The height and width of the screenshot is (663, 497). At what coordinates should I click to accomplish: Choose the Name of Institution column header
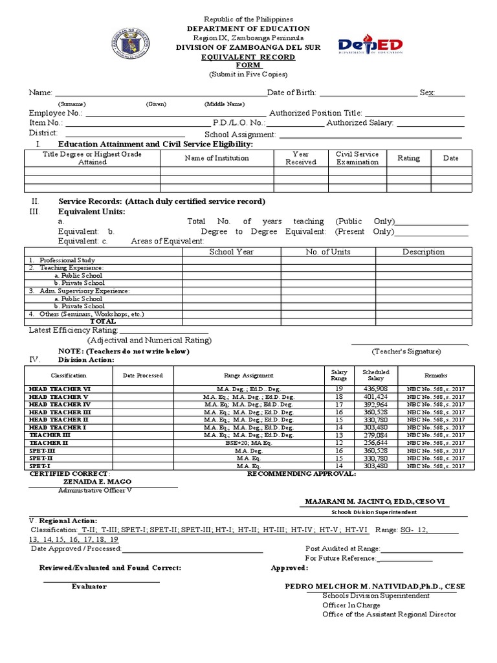(217, 158)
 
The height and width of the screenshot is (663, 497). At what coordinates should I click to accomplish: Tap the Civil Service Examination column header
(357, 158)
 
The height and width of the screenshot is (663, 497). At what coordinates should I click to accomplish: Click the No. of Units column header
(328, 252)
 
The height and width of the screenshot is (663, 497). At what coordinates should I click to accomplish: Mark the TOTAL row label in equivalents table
(103, 321)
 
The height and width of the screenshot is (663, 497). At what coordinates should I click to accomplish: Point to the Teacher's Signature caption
(406, 351)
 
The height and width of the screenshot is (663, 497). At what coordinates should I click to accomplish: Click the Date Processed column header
(143, 376)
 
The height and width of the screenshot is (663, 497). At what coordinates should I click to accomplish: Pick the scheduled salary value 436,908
(376, 388)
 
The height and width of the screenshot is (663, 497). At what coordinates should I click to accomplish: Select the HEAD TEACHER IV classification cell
(60, 404)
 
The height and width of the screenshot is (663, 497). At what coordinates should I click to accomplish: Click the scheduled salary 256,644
(376, 443)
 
